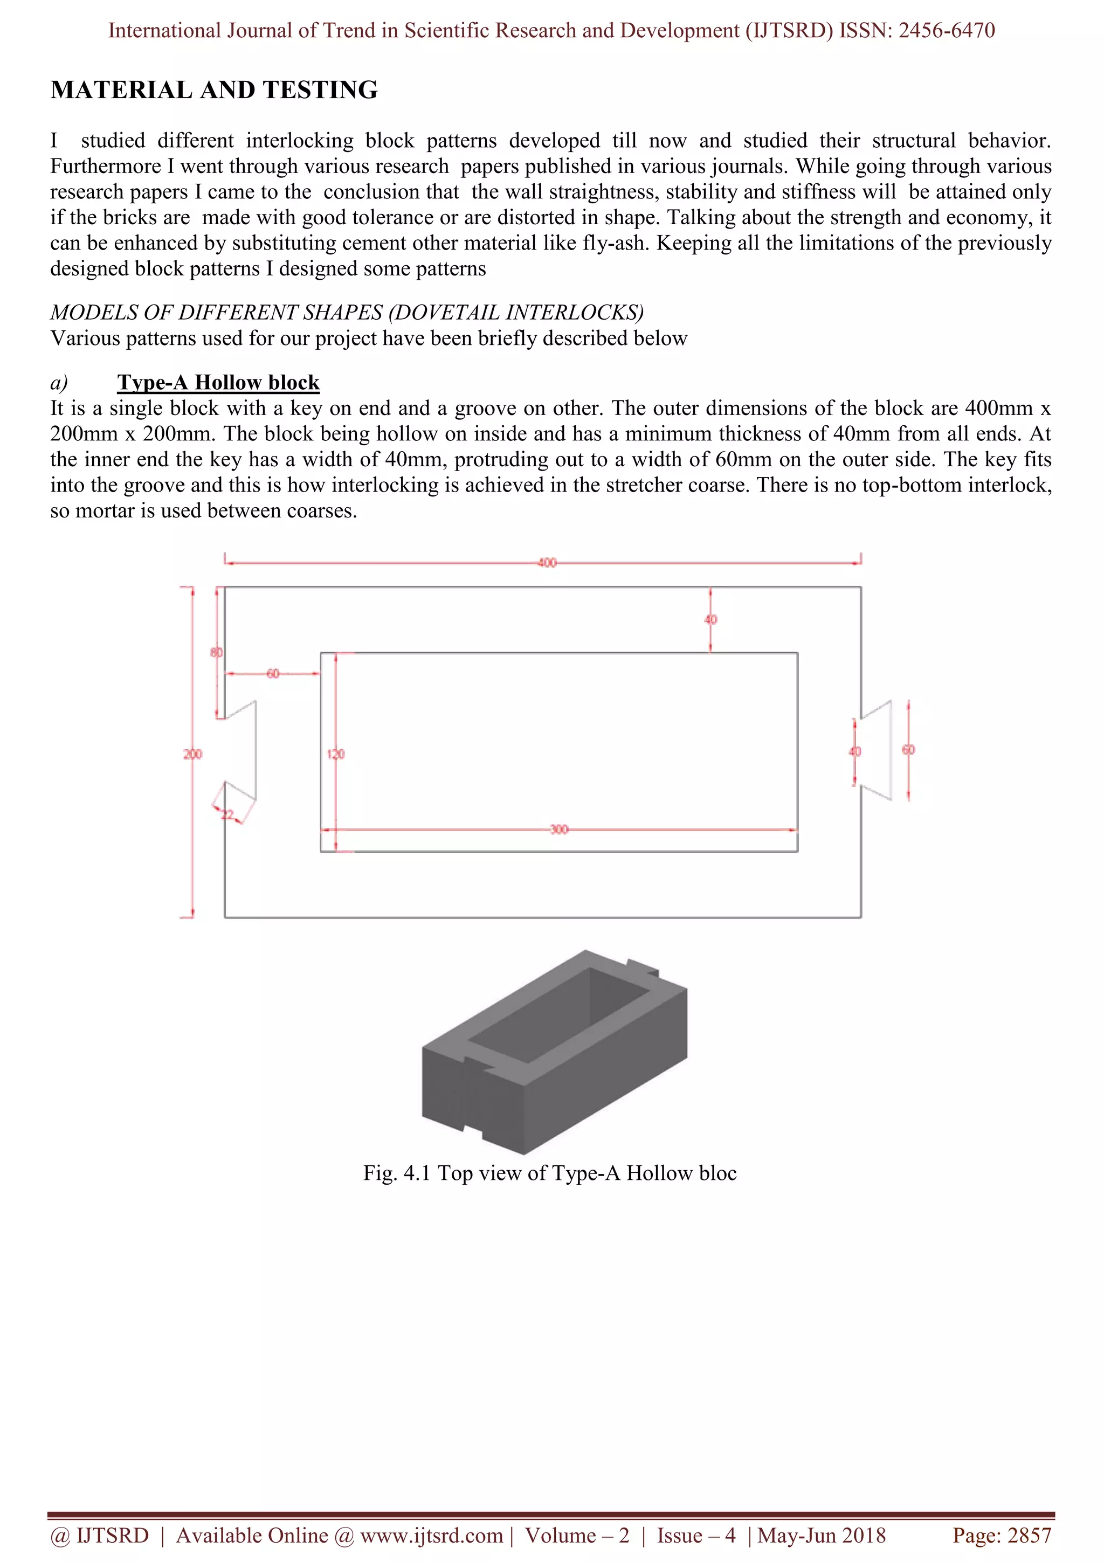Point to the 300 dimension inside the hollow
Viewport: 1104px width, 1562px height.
point(558,830)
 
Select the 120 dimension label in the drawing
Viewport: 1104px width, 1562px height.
point(336,754)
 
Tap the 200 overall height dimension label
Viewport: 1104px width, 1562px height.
point(192,754)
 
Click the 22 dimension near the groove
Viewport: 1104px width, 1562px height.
point(228,814)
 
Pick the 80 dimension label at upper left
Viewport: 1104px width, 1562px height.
point(216,652)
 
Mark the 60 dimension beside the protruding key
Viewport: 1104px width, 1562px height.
point(908,750)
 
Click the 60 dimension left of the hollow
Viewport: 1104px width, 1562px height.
point(272,674)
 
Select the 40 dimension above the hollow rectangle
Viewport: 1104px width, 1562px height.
point(711,619)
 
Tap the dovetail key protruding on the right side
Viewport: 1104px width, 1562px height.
point(878,750)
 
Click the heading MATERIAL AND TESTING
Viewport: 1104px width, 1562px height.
point(213,90)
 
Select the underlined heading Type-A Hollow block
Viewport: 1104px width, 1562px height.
point(218,382)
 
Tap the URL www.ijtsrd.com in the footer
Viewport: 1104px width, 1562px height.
point(431,1536)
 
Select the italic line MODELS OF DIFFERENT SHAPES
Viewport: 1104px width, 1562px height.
point(346,312)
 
